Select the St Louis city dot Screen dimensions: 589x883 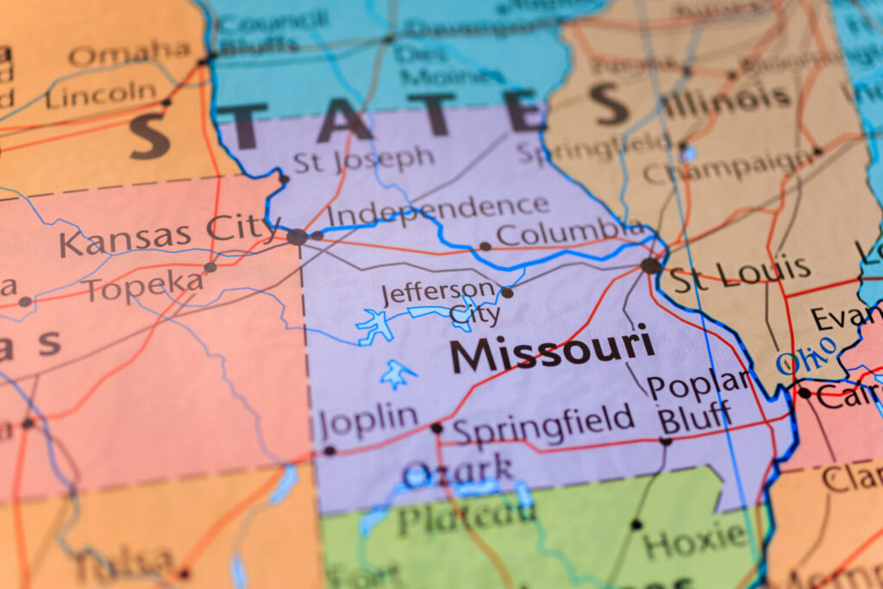click(x=651, y=266)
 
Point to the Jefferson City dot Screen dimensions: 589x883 click(x=507, y=293)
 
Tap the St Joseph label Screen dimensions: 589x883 click(x=363, y=160)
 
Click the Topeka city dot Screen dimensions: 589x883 click(x=210, y=267)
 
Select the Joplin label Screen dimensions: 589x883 click(x=368, y=421)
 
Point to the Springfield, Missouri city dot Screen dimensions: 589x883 click(x=436, y=428)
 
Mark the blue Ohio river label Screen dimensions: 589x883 click(x=806, y=356)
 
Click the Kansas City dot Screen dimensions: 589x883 click(x=297, y=236)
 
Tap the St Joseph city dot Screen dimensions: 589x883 click(x=284, y=179)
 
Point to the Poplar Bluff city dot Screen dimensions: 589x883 click(x=665, y=441)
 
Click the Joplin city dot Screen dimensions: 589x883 click(x=329, y=450)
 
